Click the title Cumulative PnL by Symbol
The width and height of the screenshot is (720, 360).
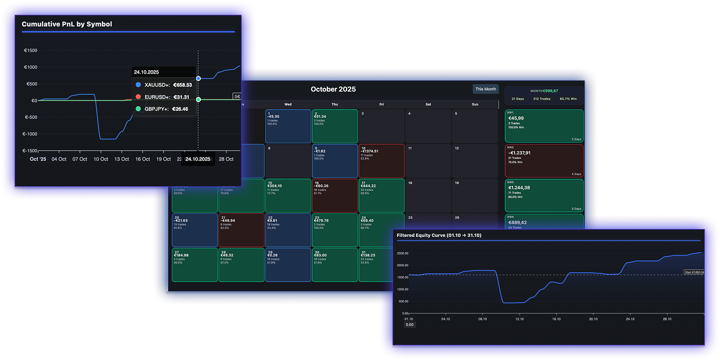click(x=67, y=24)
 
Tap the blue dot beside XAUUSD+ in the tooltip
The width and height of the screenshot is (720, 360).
click(x=138, y=85)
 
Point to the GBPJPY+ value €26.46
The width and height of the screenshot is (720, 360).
click(x=180, y=109)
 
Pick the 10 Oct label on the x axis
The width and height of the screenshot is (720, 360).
click(x=100, y=159)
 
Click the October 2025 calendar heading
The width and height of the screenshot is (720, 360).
click(x=333, y=89)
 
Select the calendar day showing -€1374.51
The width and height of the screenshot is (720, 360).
click(x=381, y=160)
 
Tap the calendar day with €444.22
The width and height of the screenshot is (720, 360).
click(x=381, y=195)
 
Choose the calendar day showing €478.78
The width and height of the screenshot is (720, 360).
click(x=334, y=230)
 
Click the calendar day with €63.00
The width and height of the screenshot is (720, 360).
click(x=334, y=265)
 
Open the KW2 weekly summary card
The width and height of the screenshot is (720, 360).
click(x=544, y=160)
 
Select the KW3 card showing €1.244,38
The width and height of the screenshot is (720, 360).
click(x=544, y=195)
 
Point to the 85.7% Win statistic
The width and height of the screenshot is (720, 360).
click(x=568, y=99)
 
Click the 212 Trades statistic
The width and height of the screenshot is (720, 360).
click(x=542, y=99)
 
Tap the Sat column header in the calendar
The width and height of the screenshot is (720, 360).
click(x=428, y=104)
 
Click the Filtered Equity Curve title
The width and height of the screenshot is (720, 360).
click(x=439, y=235)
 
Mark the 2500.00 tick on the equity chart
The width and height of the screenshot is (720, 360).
click(x=402, y=254)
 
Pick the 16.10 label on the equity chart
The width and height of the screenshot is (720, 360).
click(x=556, y=319)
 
